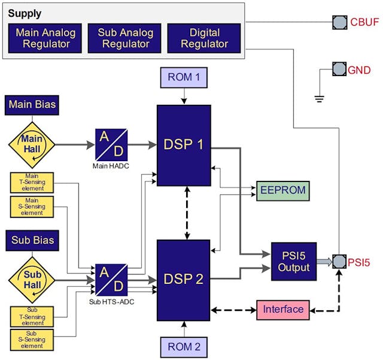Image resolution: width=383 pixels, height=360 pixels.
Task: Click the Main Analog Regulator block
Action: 45,38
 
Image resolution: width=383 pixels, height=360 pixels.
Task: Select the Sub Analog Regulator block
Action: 124,38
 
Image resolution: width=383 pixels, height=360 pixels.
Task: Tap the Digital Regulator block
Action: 203,38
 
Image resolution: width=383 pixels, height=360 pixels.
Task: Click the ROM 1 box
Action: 184,77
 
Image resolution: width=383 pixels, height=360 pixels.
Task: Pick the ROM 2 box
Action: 184,346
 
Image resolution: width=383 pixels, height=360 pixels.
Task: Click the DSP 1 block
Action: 184,146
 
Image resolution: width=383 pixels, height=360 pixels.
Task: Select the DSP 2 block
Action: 184,279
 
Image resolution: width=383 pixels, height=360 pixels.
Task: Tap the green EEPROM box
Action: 282,190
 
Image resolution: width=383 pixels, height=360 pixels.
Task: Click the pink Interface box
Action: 283,310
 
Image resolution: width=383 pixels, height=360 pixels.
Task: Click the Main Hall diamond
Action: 32,144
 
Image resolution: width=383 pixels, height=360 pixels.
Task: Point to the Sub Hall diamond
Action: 32,279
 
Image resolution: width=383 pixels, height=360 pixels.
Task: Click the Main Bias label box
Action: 32,105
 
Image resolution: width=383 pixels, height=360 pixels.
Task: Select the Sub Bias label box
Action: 32,240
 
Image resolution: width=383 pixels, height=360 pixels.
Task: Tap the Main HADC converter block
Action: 111,144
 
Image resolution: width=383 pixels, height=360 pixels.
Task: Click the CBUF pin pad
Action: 340,23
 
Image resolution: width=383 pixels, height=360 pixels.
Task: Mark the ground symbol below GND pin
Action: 320,98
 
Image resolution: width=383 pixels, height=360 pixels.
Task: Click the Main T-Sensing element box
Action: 32,181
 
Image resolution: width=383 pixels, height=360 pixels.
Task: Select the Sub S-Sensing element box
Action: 32,340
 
